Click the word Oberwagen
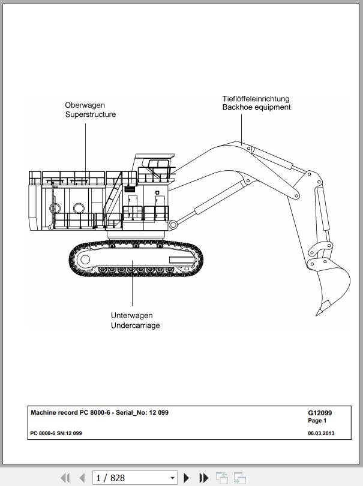pos(85,105)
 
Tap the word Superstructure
pos(90,114)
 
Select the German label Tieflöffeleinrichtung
pos(256,99)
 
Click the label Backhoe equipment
pos(257,107)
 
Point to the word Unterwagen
pos(132,316)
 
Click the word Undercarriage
pos(135,325)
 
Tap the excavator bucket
pos(331,285)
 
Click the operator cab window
pos(158,164)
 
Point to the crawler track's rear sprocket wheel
pos(85,259)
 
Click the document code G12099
pos(320,413)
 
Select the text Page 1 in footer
pos(317,421)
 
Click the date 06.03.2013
pos(321,433)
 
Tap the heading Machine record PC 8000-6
pos(70,412)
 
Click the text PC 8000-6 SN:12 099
pos(56,433)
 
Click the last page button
pos(203,478)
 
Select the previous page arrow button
pos(82,478)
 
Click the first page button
pos(65,478)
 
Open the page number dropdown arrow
pos(173,478)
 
